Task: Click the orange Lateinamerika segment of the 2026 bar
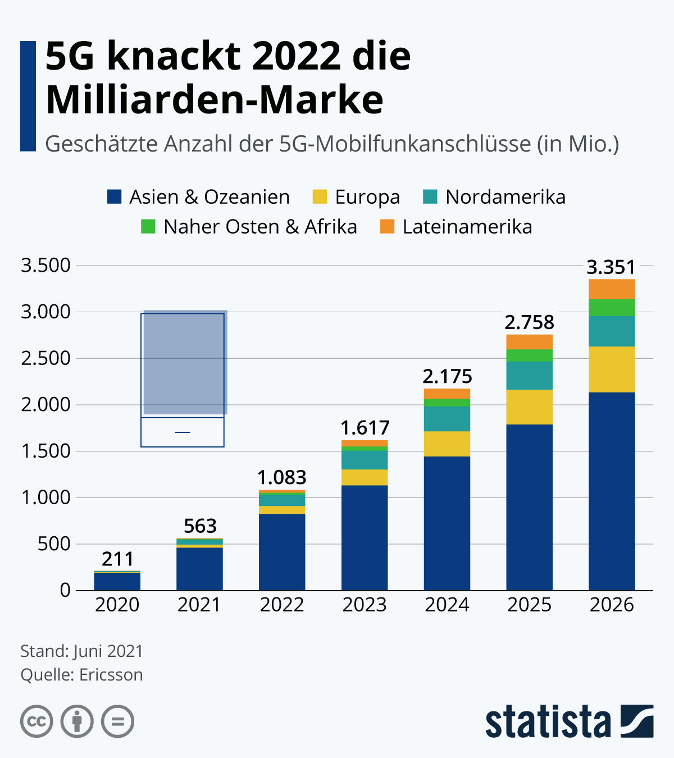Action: tap(612, 289)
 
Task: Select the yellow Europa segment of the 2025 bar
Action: tap(529, 407)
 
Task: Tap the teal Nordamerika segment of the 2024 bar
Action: tap(447, 419)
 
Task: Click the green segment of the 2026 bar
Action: tap(612, 308)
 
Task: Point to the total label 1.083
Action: tap(282, 478)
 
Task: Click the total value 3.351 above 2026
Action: tap(611, 267)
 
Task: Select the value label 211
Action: tap(117, 559)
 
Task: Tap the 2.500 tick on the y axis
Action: tap(45, 358)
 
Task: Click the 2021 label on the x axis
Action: tap(199, 605)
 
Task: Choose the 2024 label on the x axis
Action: tap(447, 605)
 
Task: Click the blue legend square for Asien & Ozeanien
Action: tap(115, 197)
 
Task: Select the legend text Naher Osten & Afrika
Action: tap(260, 227)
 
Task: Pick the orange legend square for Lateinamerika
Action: tap(388, 227)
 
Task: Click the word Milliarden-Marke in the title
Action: tap(215, 100)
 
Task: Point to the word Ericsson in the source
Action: tap(111, 674)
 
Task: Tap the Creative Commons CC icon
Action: tap(37, 721)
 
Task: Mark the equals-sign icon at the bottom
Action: tap(117, 721)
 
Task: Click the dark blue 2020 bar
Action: tap(117, 581)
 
